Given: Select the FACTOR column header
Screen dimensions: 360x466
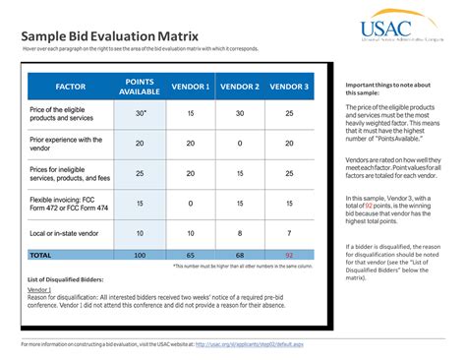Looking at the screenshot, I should (70, 87).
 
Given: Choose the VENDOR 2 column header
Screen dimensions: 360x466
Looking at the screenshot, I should (240, 87).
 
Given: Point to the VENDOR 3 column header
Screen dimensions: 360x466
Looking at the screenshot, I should (289, 87).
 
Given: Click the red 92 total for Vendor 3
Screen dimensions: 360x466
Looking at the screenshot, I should (289, 254).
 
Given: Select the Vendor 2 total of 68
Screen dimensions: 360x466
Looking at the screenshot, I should (240, 254).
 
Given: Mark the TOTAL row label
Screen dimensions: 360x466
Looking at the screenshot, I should (40, 254).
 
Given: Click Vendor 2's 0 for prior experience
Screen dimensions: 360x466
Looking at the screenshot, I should (240, 144).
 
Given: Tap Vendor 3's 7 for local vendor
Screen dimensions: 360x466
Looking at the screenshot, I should (289, 233).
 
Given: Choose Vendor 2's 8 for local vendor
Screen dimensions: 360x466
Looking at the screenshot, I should (240, 233).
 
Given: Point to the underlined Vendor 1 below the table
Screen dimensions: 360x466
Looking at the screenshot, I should (40, 291).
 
